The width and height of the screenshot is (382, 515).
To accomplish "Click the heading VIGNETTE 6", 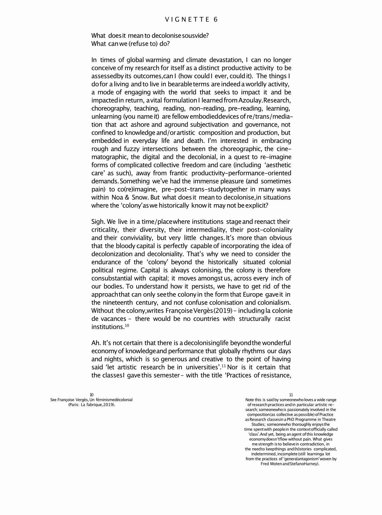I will point(191,20).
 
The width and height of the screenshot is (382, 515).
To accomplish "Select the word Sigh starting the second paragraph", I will point(98,222).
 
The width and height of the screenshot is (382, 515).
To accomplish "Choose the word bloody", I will point(125,246).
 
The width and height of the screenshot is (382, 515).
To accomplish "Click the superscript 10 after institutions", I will point(127,325).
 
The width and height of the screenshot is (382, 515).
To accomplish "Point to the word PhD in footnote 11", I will point(286,419).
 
